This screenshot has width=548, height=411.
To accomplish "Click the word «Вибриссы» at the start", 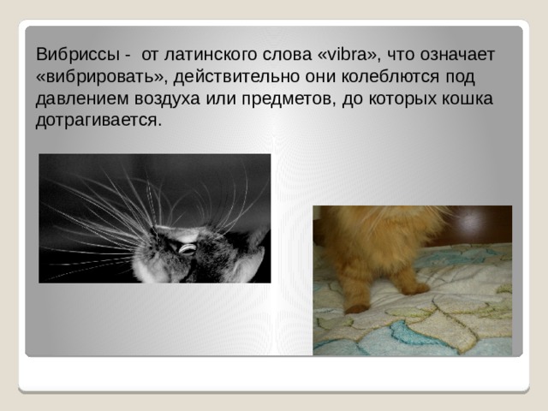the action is tap(78, 55).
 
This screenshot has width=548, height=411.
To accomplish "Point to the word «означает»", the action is tap(457, 55).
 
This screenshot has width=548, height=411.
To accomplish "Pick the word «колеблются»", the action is tap(390, 76).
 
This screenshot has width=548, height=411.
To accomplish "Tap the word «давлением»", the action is tap(82, 99).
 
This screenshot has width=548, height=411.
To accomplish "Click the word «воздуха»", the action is tap(167, 99).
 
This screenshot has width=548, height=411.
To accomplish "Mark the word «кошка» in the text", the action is tap(468, 98).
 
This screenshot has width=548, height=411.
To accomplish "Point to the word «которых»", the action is tap(402, 99).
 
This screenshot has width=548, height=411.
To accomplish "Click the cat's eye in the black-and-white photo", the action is tap(187, 249).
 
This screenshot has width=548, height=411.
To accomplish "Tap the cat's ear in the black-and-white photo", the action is tap(252, 264).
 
